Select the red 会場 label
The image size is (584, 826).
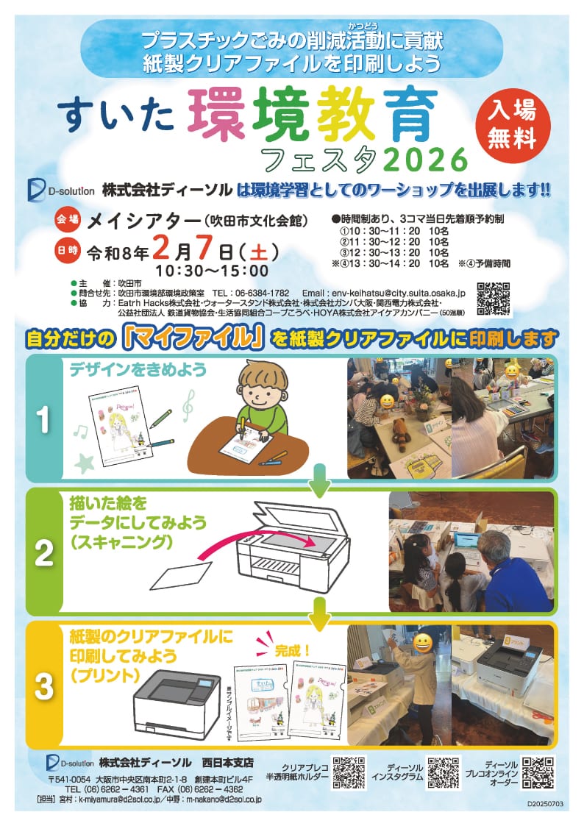[x=66, y=219]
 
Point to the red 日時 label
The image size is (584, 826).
[x=66, y=251]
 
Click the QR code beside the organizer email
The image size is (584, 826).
[x=494, y=299]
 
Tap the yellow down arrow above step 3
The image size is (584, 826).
[x=318, y=612]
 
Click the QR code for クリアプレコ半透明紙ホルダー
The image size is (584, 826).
[x=349, y=772]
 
